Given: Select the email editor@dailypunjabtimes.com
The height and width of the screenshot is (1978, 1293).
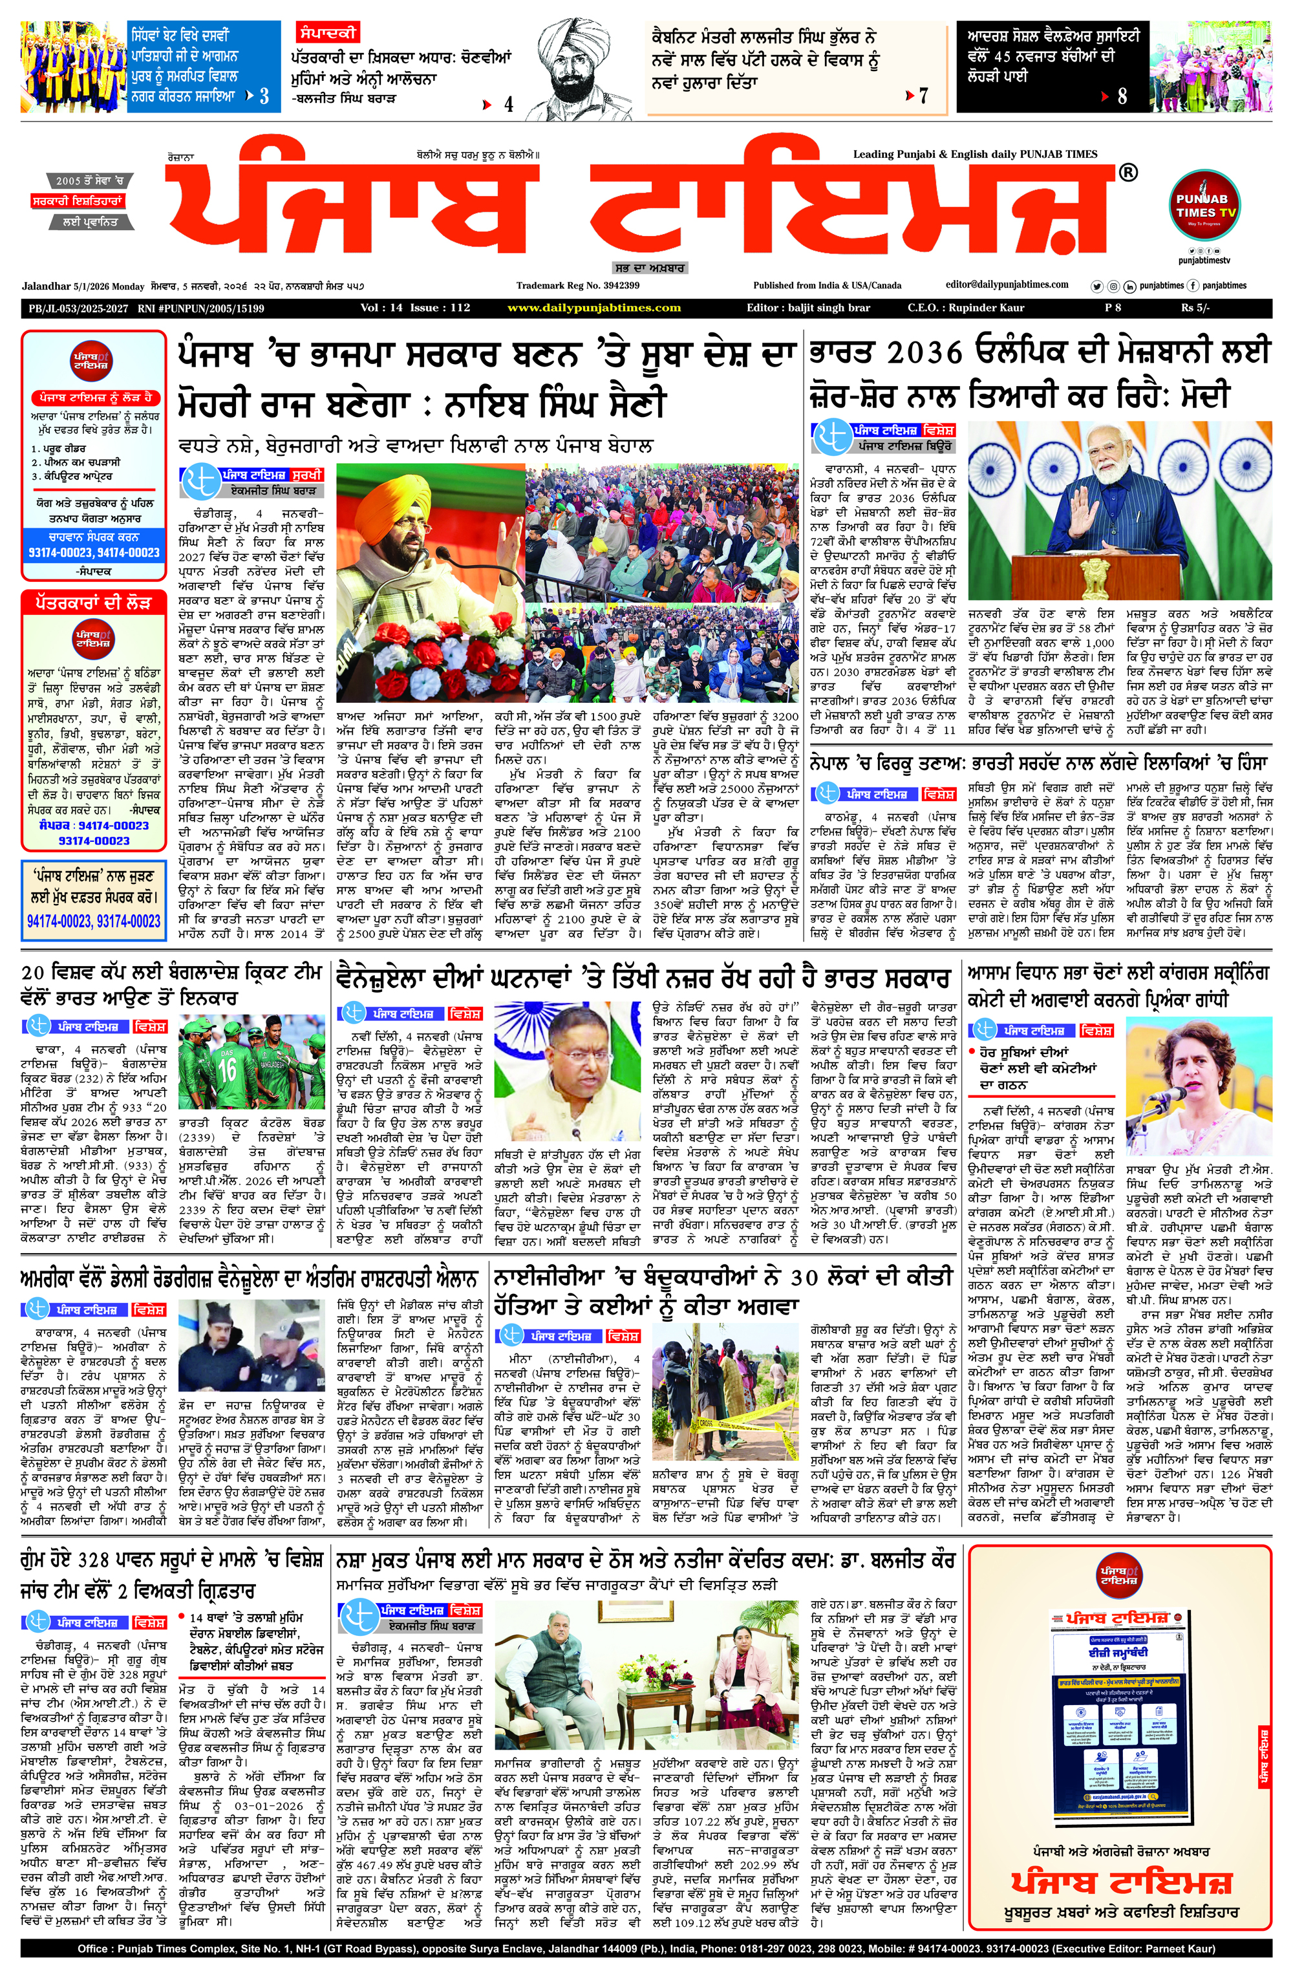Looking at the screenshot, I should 1007,285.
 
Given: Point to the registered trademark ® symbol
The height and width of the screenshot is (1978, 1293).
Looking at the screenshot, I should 1127,173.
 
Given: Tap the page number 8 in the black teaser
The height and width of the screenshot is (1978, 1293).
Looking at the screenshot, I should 1121,96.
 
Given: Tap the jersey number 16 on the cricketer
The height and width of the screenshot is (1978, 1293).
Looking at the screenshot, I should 227,1070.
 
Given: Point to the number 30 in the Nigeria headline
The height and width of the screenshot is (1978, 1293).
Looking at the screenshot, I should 804,1278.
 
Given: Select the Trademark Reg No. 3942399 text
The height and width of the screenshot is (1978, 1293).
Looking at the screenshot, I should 577,286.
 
